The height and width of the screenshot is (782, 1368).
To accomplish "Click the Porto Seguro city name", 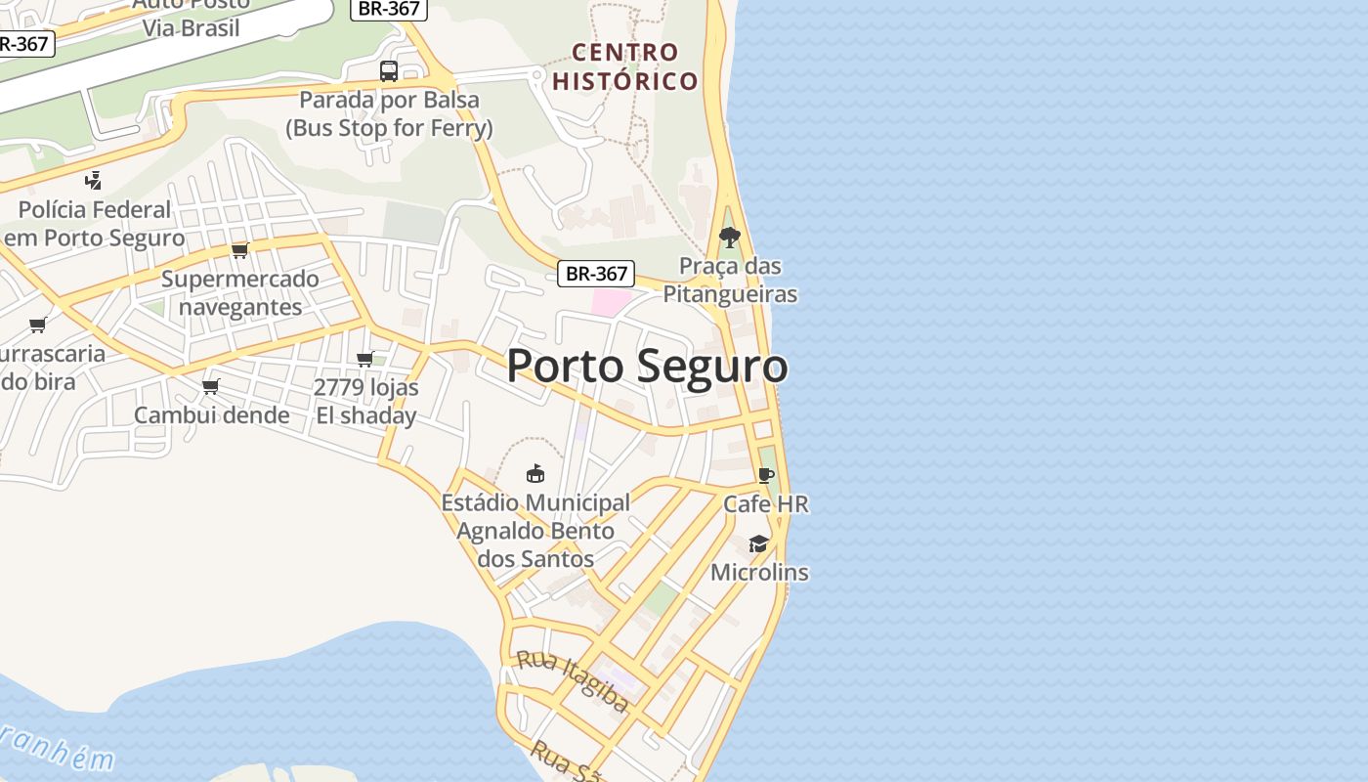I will click(x=647, y=367).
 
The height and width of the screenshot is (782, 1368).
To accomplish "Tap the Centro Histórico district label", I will click(x=625, y=66).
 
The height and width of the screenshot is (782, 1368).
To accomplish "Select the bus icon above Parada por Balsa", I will click(x=389, y=70).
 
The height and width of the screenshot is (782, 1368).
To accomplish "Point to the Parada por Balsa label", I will click(x=389, y=113).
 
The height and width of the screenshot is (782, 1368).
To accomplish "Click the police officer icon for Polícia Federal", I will click(x=94, y=180).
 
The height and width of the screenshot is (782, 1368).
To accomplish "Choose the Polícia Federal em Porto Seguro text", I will click(x=95, y=224).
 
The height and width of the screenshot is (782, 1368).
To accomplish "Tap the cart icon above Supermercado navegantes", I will click(x=240, y=250).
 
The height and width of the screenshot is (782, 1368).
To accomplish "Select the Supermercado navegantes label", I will click(x=240, y=293).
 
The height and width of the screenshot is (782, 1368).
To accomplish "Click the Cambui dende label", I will click(x=211, y=415).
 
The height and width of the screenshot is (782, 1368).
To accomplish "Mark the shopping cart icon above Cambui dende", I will click(x=211, y=387).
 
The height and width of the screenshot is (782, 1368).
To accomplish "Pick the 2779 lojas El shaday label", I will click(x=366, y=402).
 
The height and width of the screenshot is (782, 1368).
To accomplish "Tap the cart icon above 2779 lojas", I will click(x=365, y=359).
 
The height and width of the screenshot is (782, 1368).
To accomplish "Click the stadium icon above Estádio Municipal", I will click(x=535, y=474).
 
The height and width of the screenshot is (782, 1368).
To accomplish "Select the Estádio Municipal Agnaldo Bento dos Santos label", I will click(x=535, y=531).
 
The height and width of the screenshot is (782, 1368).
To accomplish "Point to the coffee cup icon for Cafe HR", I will click(x=766, y=476).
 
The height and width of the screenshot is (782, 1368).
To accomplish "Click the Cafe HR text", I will click(x=766, y=504).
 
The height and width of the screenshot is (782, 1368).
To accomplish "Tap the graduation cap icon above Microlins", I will click(x=759, y=543).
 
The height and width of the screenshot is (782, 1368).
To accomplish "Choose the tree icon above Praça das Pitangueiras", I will click(x=729, y=238).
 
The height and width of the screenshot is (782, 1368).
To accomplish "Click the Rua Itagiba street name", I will click(x=573, y=679).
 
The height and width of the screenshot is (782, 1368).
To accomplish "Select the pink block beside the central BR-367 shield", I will click(x=612, y=302).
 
